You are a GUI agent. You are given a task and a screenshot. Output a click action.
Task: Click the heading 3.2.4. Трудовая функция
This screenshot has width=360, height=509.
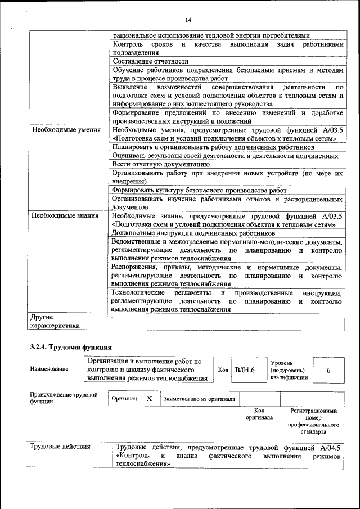click(71, 347)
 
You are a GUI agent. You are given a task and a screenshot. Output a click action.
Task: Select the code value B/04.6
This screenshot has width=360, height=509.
click(245, 370)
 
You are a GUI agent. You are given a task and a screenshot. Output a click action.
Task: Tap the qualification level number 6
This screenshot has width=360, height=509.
click(328, 371)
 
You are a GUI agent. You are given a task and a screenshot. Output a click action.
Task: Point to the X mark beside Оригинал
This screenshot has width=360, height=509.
click(149, 398)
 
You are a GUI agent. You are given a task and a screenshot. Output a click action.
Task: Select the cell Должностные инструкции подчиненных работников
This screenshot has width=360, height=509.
click(193, 233)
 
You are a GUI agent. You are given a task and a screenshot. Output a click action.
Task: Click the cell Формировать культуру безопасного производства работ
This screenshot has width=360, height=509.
click(199, 190)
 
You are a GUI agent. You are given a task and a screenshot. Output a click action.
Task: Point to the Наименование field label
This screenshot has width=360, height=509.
click(49, 369)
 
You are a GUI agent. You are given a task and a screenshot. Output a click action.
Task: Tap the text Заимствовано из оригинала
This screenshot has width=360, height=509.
click(199, 399)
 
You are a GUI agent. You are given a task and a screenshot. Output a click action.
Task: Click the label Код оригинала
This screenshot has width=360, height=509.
click(259, 414)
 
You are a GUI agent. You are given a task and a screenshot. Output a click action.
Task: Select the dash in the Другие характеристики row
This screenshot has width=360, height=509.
click(112, 317)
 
